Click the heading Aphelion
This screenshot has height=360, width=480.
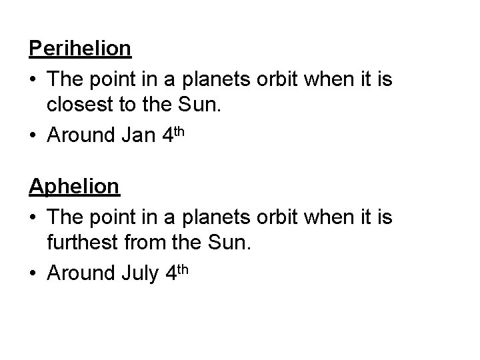pos(74,187)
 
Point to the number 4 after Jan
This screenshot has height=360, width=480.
pos(167,135)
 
